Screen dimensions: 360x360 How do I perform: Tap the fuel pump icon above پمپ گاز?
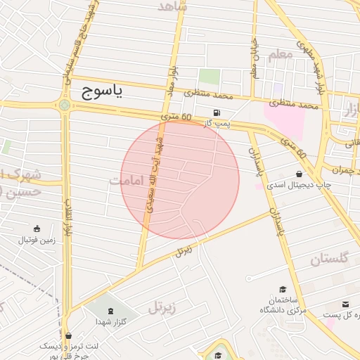216,113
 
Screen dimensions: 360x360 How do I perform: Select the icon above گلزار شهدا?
110,310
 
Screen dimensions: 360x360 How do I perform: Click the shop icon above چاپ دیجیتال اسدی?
300,174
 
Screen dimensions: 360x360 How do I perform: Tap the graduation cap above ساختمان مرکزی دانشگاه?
283,289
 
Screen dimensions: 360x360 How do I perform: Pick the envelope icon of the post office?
346,304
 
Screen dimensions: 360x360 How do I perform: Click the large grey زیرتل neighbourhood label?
163,307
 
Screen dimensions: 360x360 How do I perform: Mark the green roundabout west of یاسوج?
65,105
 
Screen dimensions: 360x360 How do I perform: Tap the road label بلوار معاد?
169,79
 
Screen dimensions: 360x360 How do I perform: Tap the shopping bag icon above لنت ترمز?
67,335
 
